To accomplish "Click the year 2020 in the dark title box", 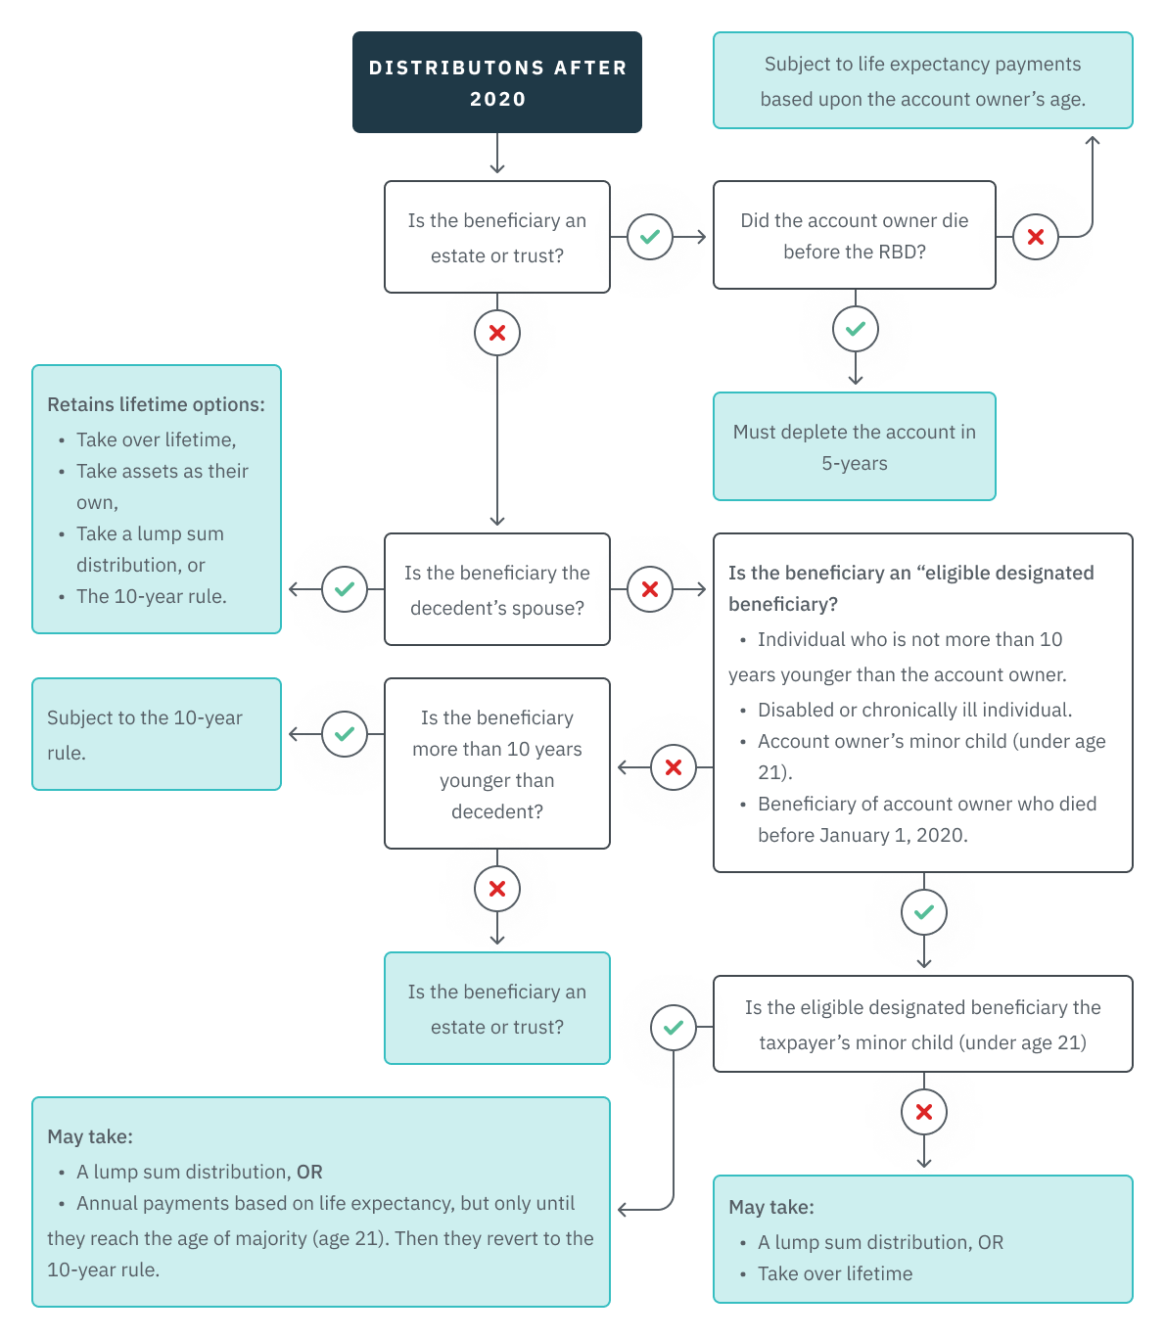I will click(x=497, y=99).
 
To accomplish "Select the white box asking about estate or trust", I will click(x=497, y=237).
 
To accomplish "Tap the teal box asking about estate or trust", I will click(x=497, y=1008).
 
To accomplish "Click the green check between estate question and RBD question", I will click(x=650, y=237).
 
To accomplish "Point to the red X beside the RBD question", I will click(x=1036, y=237).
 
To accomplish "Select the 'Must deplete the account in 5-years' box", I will click(x=854, y=446).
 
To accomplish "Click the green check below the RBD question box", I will click(x=856, y=329).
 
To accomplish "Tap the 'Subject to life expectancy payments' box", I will click(x=922, y=80).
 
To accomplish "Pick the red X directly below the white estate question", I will click(x=497, y=333).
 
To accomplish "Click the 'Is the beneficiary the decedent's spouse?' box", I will click(x=497, y=589).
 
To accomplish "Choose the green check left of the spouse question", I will click(x=345, y=589).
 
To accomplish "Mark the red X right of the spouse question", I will click(x=650, y=589).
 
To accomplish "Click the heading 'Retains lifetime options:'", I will click(x=156, y=404).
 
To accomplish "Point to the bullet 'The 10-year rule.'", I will click(x=151, y=596).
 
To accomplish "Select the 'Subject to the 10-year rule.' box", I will click(x=157, y=734).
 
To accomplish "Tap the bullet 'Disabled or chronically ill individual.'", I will click(x=914, y=710).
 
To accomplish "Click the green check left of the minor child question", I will click(x=674, y=1028).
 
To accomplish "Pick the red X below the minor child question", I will click(x=924, y=1112).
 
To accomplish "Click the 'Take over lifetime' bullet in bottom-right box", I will click(x=834, y=1273).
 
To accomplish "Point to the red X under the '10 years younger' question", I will click(x=497, y=889).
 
